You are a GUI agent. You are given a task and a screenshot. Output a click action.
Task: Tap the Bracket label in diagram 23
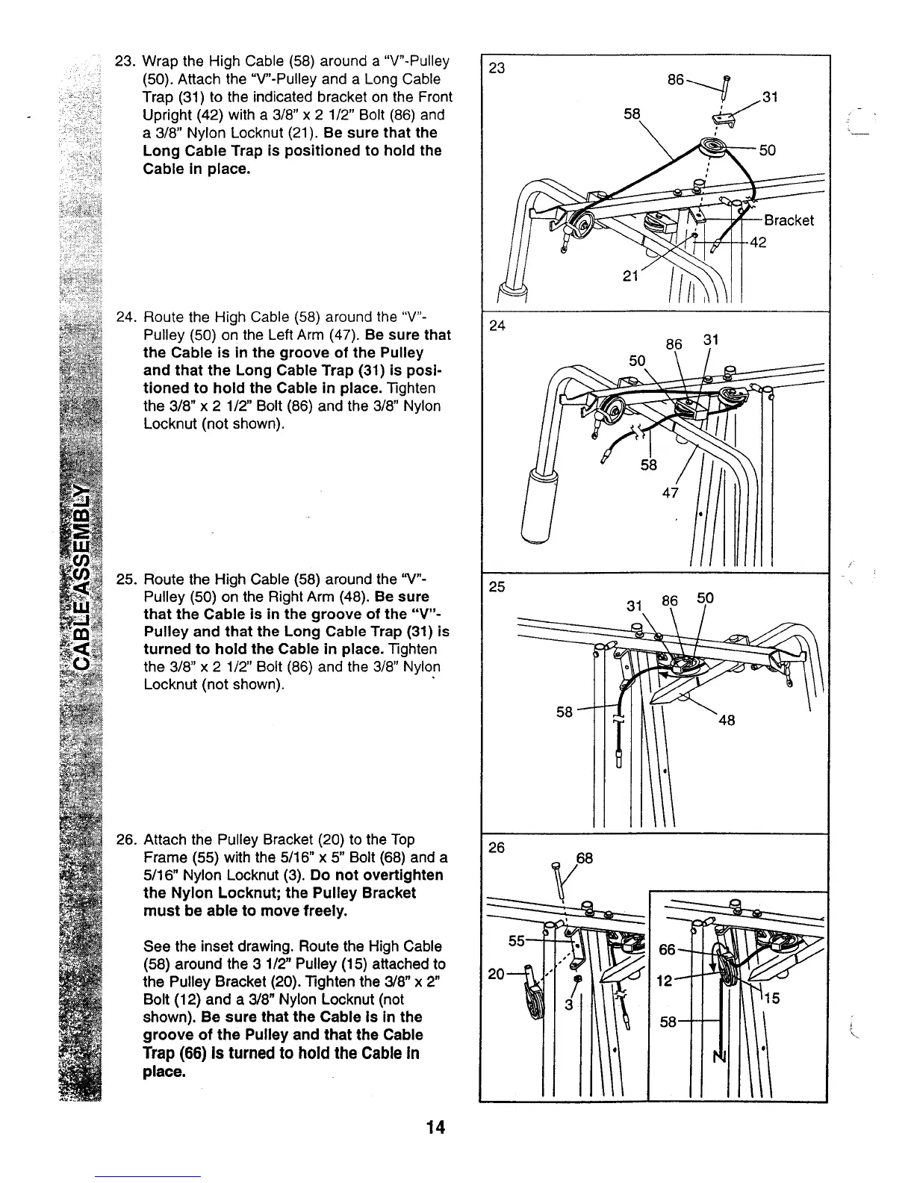click(x=788, y=220)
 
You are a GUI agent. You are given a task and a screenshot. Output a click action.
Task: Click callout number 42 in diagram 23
click(x=757, y=243)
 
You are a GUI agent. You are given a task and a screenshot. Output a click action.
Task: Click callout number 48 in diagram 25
click(x=727, y=720)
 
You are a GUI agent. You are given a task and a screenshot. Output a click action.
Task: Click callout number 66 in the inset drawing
click(x=667, y=949)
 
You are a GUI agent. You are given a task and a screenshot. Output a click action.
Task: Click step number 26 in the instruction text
click(x=125, y=839)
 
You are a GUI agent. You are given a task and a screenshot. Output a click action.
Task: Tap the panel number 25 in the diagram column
click(x=497, y=587)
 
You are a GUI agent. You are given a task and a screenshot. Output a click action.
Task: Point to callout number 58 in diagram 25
click(x=565, y=712)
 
